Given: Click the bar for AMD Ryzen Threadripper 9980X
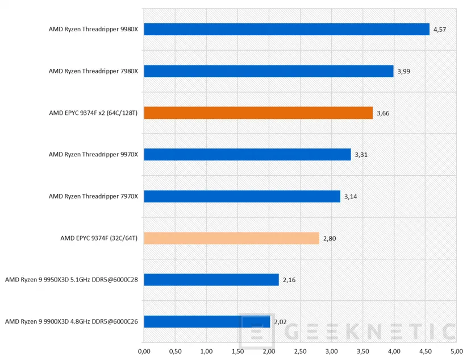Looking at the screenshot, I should [x=286, y=30].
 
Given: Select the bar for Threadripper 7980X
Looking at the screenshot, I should [x=269, y=71].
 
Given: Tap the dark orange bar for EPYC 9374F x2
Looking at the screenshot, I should [x=258, y=113].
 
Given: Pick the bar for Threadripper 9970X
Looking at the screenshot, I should [x=247, y=155].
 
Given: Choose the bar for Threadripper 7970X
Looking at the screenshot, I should [x=242, y=196].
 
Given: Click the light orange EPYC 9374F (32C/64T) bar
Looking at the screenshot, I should [x=231, y=238].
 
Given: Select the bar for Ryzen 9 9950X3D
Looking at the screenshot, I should [x=211, y=280].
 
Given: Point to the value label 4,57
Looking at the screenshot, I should [x=439, y=30].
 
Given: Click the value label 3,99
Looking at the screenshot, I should [x=403, y=71].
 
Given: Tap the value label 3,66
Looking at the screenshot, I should [x=382, y=113].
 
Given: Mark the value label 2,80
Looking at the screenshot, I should [x=329, y=238].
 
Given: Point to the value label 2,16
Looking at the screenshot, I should [x=289, y=280].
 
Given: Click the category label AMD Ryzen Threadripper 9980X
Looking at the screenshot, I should [x=93, y=30].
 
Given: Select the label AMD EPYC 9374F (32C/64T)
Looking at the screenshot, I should [x=99, y=238].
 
